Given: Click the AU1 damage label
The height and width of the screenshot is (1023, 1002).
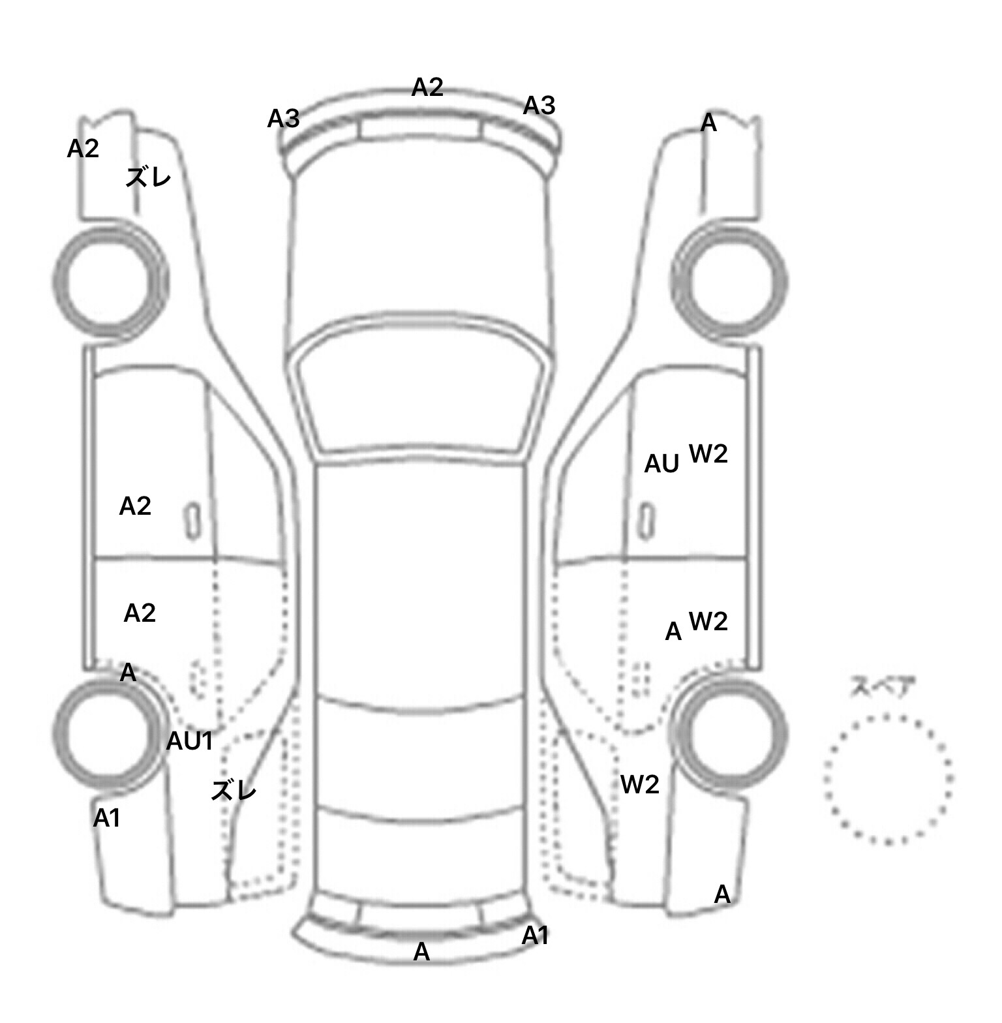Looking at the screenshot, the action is [190, 741].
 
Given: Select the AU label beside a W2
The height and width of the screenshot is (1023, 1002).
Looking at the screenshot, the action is [661, 464].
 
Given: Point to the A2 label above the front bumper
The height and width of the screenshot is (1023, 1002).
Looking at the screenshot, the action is [427, 87].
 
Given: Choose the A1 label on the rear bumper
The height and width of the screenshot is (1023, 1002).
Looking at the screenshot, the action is [535, 936].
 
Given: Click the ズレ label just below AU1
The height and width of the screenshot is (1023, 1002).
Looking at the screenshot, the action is [234, 791].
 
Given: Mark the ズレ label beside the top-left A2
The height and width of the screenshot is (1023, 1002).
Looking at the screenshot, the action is [148, 177].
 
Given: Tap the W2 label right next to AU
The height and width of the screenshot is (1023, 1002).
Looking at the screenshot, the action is [708, 453].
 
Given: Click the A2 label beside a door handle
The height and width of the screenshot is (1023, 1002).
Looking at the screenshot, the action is [135, 506].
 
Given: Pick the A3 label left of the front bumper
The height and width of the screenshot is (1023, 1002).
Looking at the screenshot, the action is [284, 119].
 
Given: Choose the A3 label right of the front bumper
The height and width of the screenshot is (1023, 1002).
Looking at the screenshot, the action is [539, 105].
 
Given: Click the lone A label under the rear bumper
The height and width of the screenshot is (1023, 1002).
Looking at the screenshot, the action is [422, 953].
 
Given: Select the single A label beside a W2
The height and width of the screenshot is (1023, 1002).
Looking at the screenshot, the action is [673, 632].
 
